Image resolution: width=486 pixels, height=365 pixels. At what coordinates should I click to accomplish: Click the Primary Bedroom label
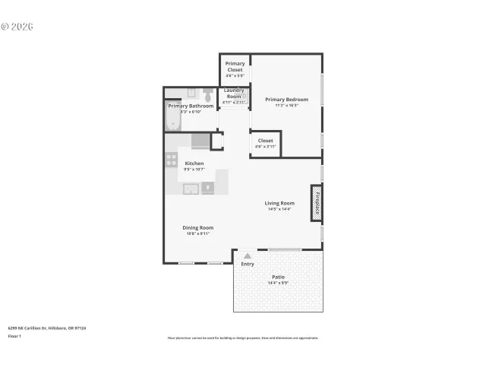coord(286,100)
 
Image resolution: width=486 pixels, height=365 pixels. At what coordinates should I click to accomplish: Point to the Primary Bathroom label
coord(191,106)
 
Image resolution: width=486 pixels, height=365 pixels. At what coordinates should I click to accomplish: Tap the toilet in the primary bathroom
coord(207,95)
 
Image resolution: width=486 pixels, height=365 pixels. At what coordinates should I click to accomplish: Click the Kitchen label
coord(194,163)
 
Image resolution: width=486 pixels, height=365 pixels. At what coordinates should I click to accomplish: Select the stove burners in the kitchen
coord(172,160)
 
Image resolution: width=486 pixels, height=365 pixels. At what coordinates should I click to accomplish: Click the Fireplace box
coord(316,203)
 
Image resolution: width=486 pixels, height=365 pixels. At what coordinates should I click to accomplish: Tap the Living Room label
coord(279,203)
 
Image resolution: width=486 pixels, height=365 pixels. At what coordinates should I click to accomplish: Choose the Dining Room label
coord(197,227)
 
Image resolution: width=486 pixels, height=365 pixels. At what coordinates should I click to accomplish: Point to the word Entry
coord(248,264)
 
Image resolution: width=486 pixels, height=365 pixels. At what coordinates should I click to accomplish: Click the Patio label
coord(279,277)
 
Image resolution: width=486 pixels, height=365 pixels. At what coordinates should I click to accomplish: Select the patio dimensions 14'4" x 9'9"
coord(279,283)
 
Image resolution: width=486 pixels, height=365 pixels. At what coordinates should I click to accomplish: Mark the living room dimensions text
coord(279,209)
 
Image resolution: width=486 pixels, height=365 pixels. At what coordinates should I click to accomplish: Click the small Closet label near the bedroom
coord(265,141)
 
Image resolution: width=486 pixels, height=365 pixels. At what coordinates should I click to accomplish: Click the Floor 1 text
coord(14,335)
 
